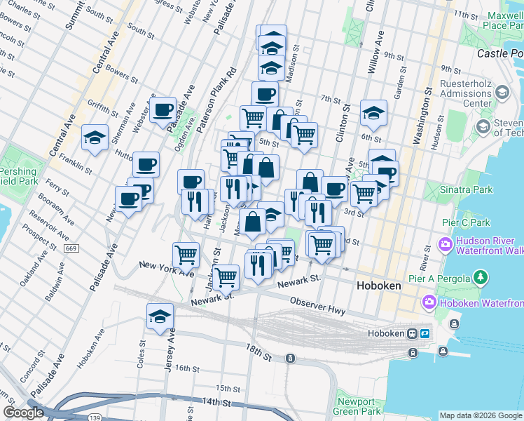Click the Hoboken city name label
tap(378, 286)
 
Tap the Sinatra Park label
tap(468, 189)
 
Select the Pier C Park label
tap(466, 223)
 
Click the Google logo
tap(23, 413)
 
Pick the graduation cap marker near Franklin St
tap(95, 138)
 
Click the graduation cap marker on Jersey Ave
tap(160, 316)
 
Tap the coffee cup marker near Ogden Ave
tap(163, 109)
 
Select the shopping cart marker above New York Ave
tap(186, 254)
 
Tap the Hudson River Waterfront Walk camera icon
tap(444, 246)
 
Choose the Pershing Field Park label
tap(14, 175)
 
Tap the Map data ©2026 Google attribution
tap(481, 415)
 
